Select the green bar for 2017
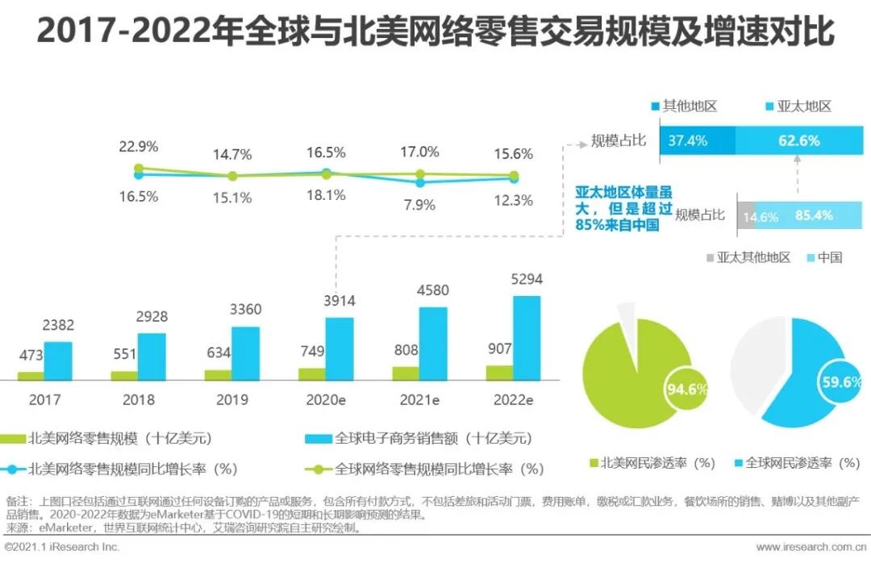tap(31, 375)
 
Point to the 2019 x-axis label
tap(232, 399)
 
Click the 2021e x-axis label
tap(419, 399)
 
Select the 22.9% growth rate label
tap(139, 147)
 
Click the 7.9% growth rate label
tap(419, 205)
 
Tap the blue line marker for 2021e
tap(419, 182)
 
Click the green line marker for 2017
tap(139, 169)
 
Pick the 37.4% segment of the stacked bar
tap(697, 140)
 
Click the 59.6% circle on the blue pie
tap(839, 383)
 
